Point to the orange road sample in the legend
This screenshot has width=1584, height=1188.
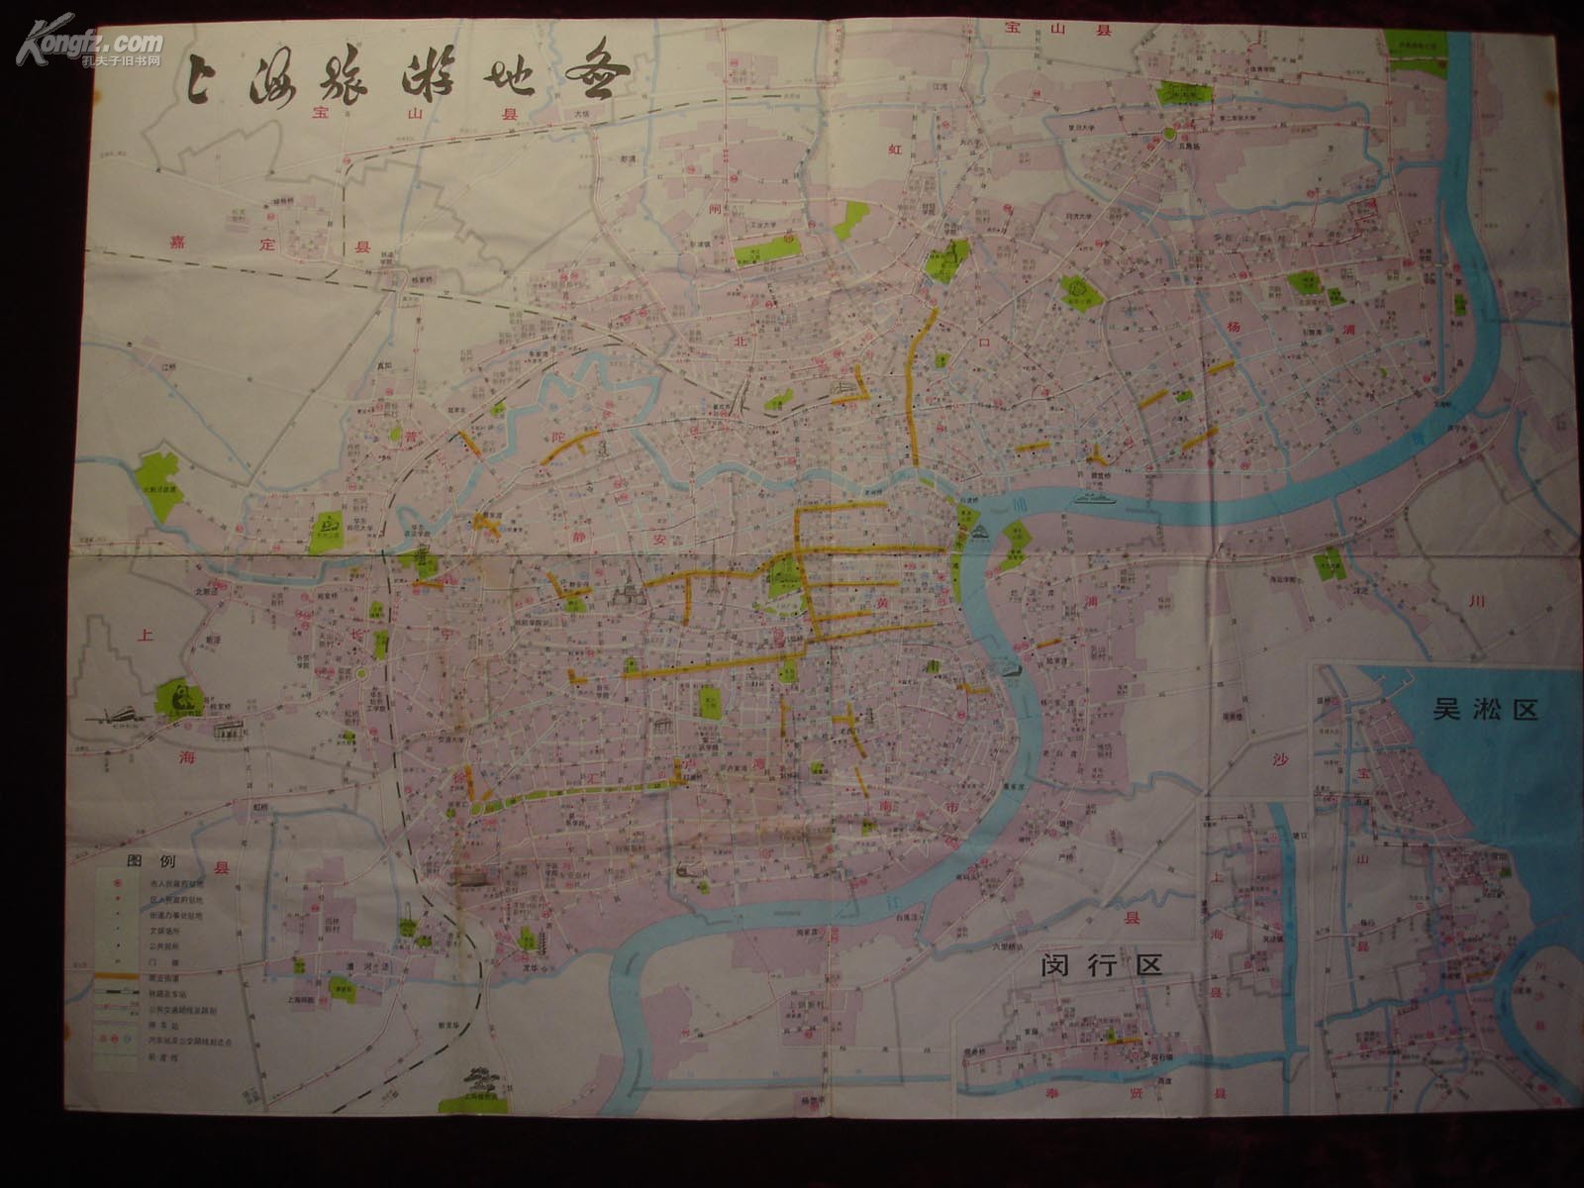click(x=116, y=975)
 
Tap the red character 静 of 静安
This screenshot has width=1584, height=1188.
click(x=581, y=514)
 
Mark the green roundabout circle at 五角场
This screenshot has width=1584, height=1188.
click(x=1170, y=134)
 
